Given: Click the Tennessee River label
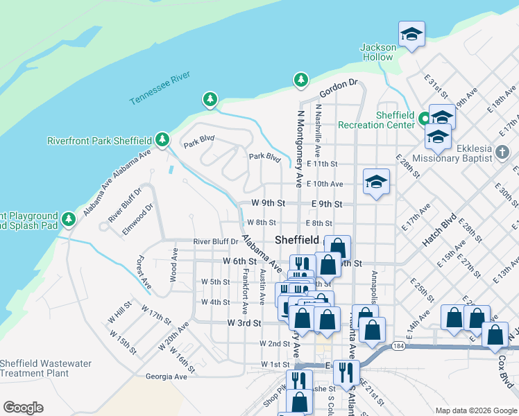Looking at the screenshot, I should pyautogui.click(x=160, y=88).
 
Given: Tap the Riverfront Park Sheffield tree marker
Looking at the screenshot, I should pyautogui.click(x=162, y=140).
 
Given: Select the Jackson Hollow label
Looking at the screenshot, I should pyautogui.click(x=377, y=52).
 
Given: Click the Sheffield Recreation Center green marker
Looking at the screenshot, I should pyautogui.click(x=425, y=119).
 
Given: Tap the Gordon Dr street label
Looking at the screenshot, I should pyautogui.click(x=338, y=88).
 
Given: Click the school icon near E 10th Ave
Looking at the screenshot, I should pyautogui.click(x=376, y=182).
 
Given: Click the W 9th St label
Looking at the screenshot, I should pyautogui.click(x=269, y=204).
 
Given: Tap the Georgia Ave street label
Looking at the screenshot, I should pyautogui.click(x=167, y=376).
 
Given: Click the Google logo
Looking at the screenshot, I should pyautogui.click(x=23, y=407).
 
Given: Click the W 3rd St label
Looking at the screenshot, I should pyautogui.click(x=244, y=323).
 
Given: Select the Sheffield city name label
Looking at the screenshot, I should pyautogui.click(x=297, y=239).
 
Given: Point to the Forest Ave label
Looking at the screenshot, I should pyautogui.click(x=144, y=272).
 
